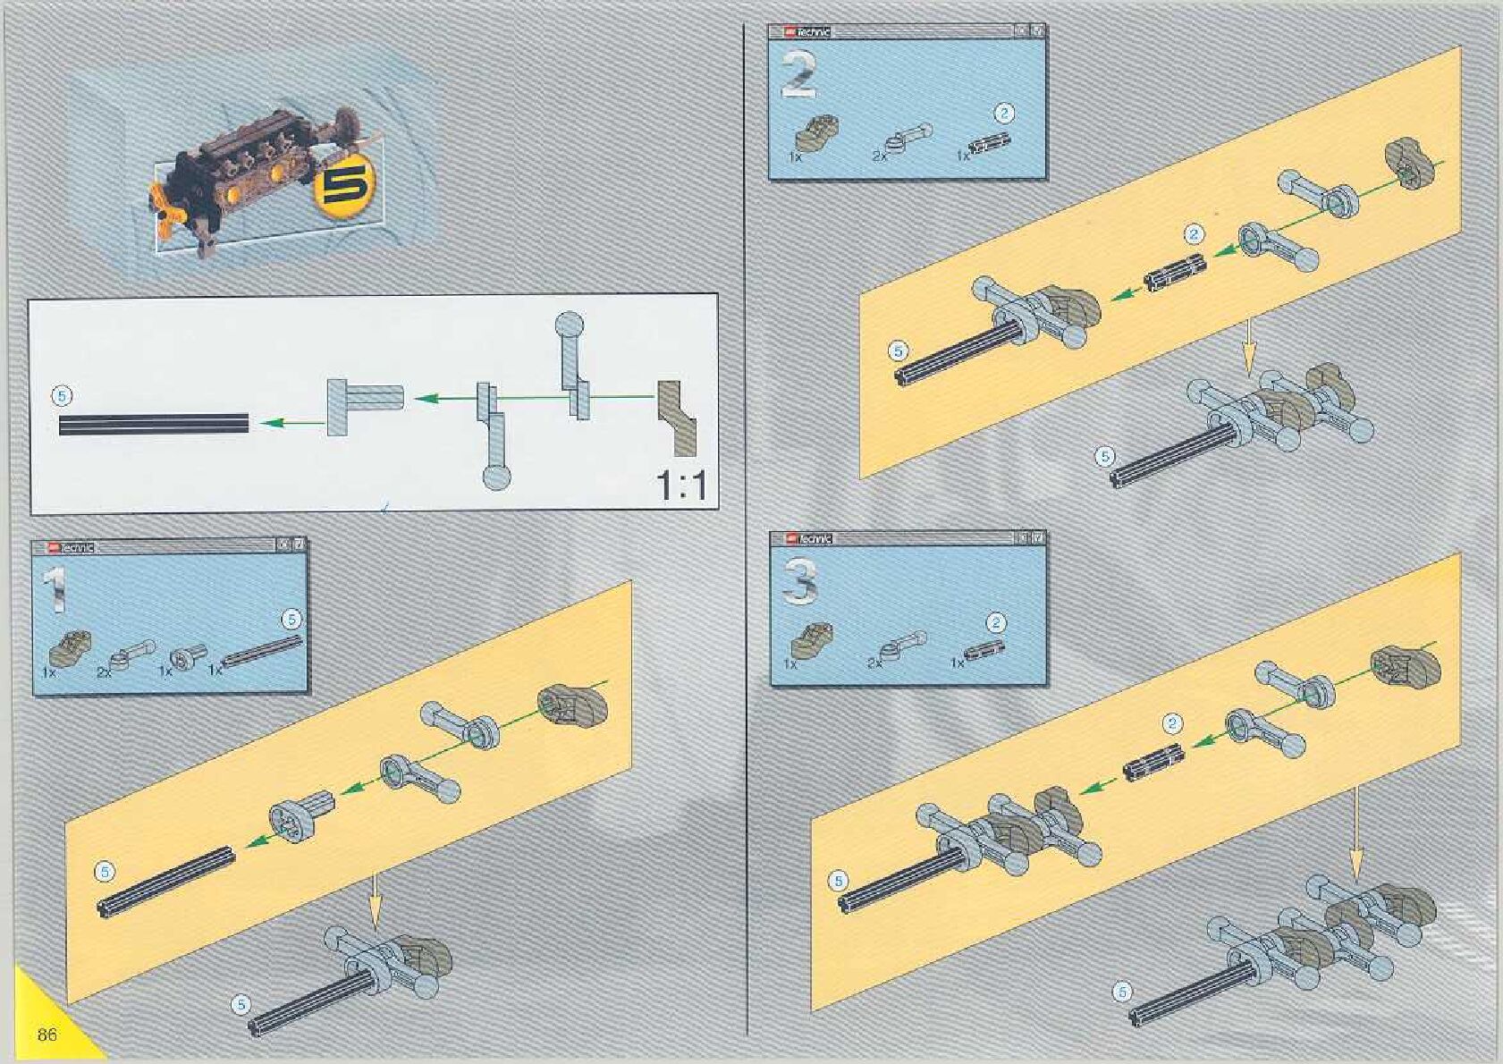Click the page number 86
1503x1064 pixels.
point(47,1034)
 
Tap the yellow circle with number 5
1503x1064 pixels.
point(340,190)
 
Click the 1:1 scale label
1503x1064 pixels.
point(681,486)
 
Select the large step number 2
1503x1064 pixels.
point(798,75)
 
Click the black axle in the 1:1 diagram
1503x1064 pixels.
point(154,424)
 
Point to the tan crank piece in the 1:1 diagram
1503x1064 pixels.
point(677,416)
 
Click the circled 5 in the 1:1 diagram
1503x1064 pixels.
point(62,394)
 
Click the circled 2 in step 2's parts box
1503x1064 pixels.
point(1004,114)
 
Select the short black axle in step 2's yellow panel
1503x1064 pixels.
point(1175,273)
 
